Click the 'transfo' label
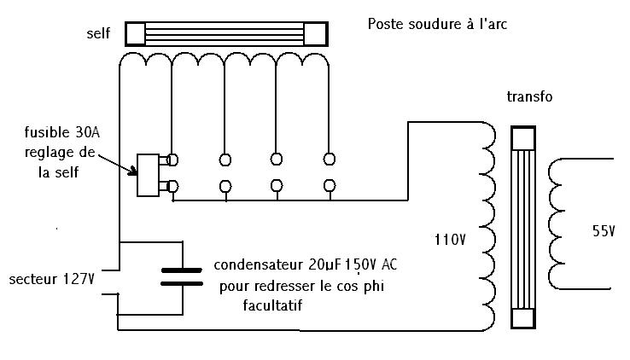pos(529,96)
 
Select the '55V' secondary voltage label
pos(604,230)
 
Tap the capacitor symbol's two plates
pos(182,276)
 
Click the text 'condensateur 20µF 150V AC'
pos(305,265)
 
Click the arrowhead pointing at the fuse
pos(132,171)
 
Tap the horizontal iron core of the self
pos(227,33)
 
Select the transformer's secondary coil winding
pos(557,224)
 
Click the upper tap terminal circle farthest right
pos(330,158)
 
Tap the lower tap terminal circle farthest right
pos(330,184)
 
